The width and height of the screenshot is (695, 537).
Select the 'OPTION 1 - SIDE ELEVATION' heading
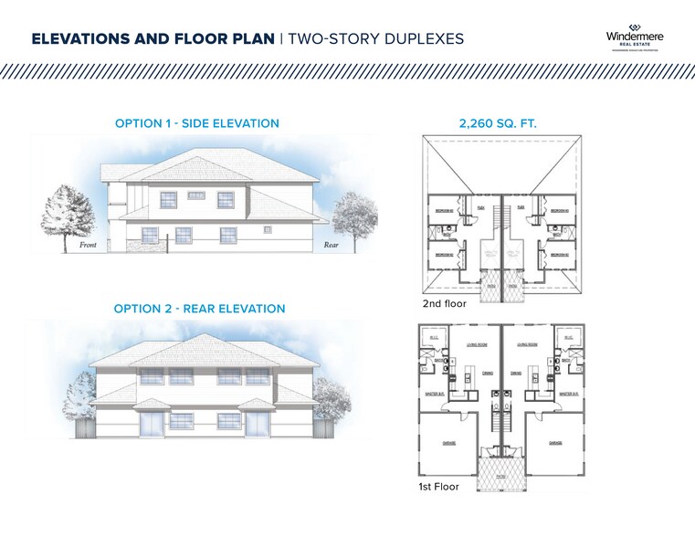(x=197, y=123)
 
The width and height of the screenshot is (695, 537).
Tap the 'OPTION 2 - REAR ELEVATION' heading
(x=199, y=309)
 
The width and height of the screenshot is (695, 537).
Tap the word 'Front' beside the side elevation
(x=88, y=246)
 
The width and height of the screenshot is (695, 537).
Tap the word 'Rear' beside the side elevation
(x=331, y=246)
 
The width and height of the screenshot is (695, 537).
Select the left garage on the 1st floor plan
(x=453, y=443)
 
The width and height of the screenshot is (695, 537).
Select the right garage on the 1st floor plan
(x=554, y=443)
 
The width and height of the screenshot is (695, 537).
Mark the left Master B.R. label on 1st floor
(x=434, y=394)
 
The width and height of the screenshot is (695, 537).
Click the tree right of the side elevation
(x=354, y=219)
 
